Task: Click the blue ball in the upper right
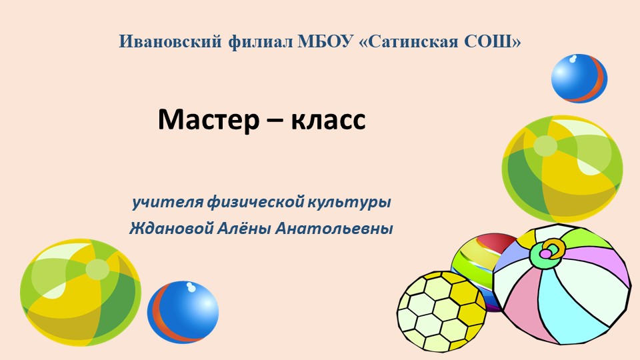579,79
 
